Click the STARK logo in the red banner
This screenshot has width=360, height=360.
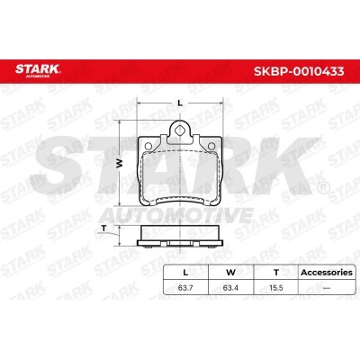tap(38, 70)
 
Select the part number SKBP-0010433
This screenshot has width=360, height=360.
tap(299, 72)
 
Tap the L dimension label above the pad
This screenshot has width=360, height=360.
tap(180, 103)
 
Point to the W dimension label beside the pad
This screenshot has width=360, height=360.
tap(120, 163)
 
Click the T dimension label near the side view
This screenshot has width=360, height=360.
tap(103, 229)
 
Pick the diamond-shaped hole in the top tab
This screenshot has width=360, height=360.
tap(179, 130)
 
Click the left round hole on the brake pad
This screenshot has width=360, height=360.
tap(148, 147)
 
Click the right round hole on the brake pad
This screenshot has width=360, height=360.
tap(211, 147)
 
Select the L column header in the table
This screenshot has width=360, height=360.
tap(185, 273)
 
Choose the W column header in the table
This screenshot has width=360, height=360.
tap(230, 273)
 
